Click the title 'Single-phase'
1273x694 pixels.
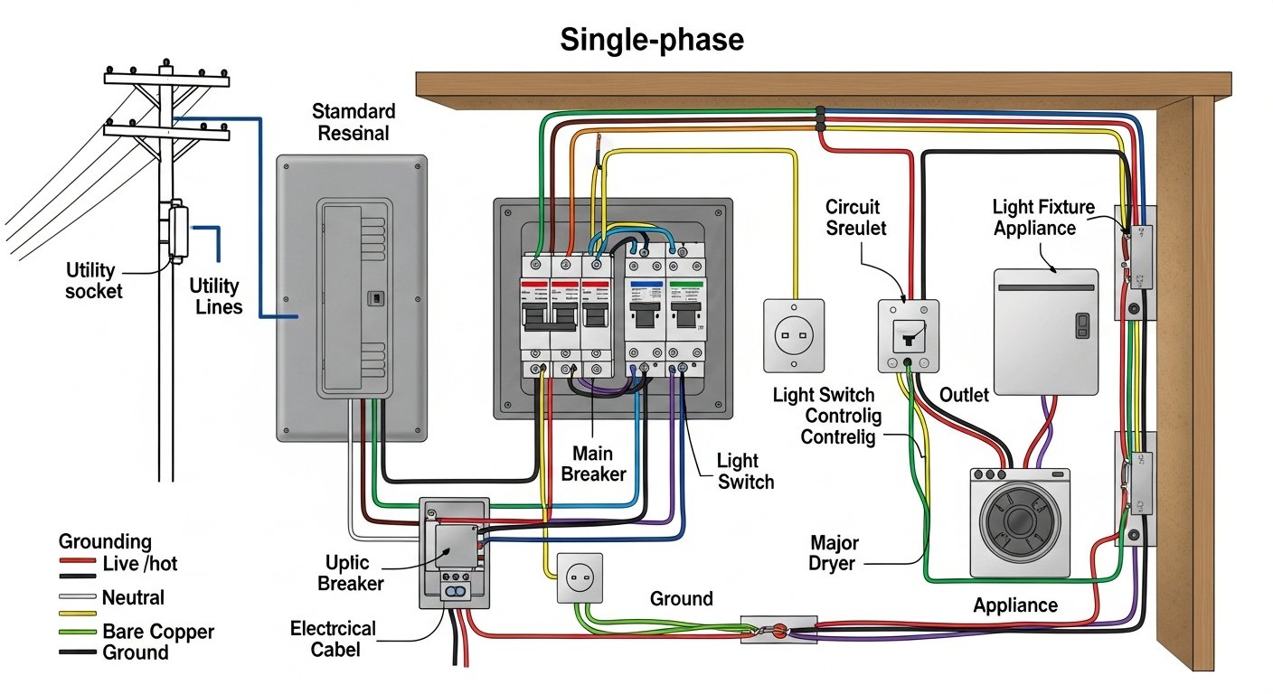(651, 40)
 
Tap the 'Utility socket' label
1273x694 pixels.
(94, 280)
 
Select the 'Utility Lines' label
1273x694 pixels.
(215, 296)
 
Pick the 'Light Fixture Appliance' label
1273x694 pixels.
(1042, 218)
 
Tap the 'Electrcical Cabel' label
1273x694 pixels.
(333, 638)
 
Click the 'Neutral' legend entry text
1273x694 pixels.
(133, 597)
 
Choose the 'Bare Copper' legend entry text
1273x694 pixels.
(158, 632)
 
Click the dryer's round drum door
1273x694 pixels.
(1019, 523)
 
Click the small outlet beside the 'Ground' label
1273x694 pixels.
(579, 577)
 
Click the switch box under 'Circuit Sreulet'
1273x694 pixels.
(909, 335)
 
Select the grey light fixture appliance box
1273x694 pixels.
(1045, 330)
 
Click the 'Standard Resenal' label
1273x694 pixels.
(354, 122)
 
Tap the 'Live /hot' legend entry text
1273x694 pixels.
(140, 564)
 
